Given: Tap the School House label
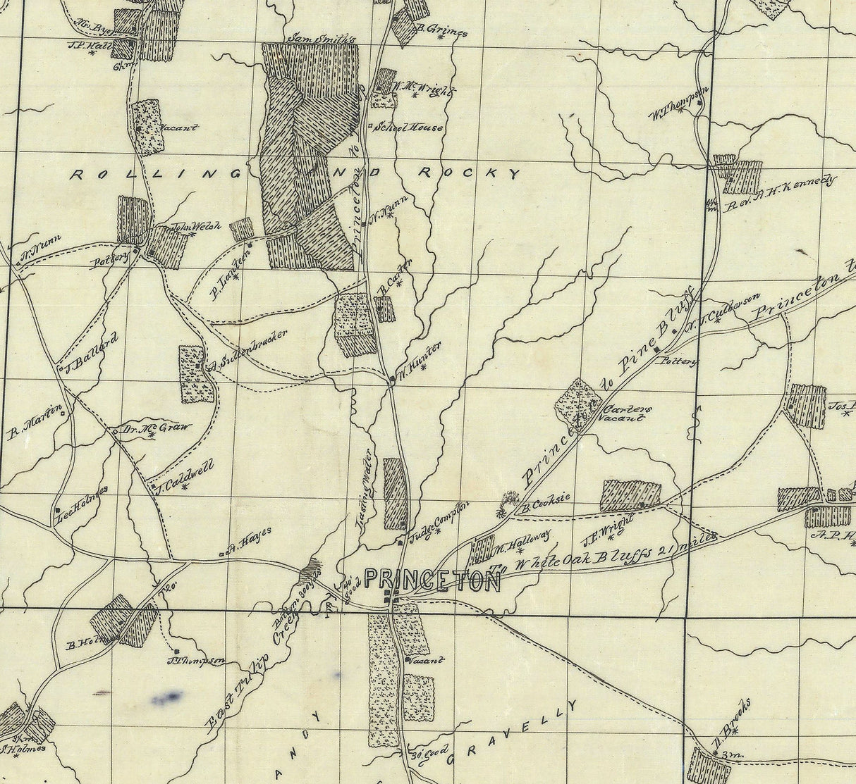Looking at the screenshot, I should coord(409,127).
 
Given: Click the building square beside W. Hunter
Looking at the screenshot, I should coord(393,380).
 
